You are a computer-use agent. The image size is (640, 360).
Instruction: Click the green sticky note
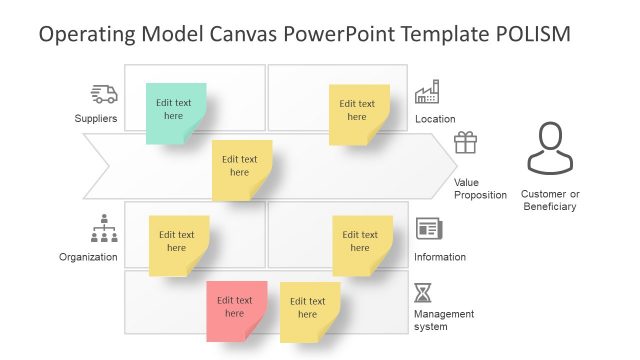(x=175, y=111)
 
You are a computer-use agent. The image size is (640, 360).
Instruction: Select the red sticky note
(x=236, y=309)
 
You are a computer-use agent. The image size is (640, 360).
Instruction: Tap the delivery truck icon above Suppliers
(x=104, y=94)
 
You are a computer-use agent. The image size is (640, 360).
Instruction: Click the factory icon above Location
(x=427, y=92)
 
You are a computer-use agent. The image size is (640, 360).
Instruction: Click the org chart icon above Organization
(x=104, y=229)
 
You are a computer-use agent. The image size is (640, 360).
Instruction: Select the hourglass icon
(x=424, y=293)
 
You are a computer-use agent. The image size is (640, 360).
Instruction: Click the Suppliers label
(x=96, y=119)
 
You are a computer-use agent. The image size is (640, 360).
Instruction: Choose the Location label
(x=435, y=119)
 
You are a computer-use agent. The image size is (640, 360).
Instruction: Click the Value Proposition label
(x=480, y=188)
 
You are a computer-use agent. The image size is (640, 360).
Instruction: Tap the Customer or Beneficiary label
(x=550, y=199)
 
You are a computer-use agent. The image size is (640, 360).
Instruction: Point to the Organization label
(x=88, y=257)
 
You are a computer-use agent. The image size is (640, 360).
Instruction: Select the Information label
(x=440, y=257)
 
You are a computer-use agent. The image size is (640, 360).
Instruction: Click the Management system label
(x=444, y=320)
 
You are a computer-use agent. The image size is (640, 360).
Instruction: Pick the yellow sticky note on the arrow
(x=241, y=168)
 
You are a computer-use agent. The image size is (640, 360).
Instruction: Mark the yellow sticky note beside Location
(x=358, y=112)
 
